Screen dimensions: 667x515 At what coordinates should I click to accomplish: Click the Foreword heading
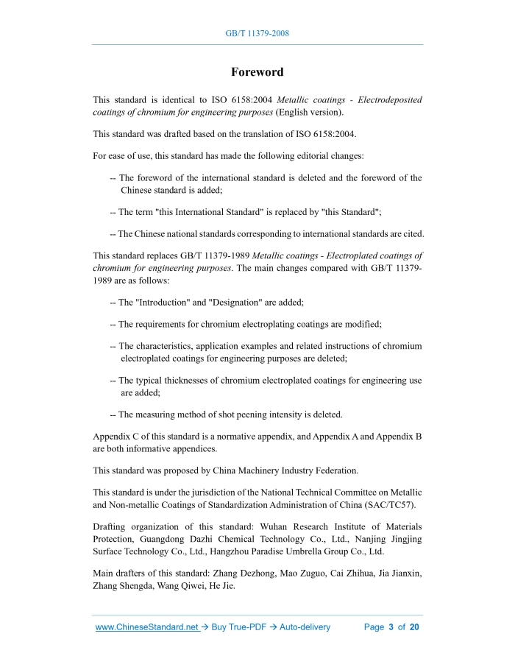[257, 72]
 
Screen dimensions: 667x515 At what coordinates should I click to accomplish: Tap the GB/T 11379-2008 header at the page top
[257, 34]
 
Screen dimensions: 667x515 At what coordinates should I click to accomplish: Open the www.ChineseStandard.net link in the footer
[147, 627]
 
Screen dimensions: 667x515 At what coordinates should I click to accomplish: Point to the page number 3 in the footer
[391, 627]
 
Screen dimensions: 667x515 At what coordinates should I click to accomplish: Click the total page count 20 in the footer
[414, 627]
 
